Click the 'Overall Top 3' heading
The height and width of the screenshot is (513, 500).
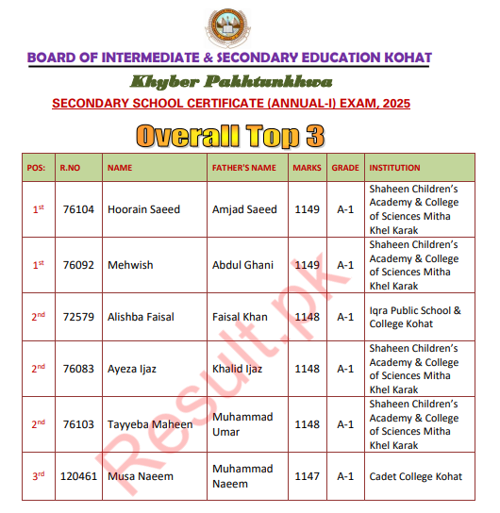click(230, 136)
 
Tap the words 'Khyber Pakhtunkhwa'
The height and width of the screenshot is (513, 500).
click(229, 80)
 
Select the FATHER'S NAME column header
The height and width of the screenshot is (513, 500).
click(243, 168)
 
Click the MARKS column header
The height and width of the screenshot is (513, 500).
click(307, 168)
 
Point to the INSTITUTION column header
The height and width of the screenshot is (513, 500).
click(394, 168)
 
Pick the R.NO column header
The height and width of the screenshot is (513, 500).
click(71, 168)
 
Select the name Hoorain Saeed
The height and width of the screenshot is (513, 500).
click(143, 209)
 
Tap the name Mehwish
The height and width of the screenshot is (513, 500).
click(131, 265)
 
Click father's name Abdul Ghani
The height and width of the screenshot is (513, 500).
click(242, 265)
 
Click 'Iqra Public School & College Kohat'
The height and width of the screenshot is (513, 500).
click(415, 317)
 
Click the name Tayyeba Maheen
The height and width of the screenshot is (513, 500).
click(150, 424)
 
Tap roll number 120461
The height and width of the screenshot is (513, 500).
click(78, 476)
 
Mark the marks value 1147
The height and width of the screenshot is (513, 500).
click(307, 476)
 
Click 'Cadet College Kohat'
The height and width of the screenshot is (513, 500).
click(415, 476)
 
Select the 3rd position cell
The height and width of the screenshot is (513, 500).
click(39, 475)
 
